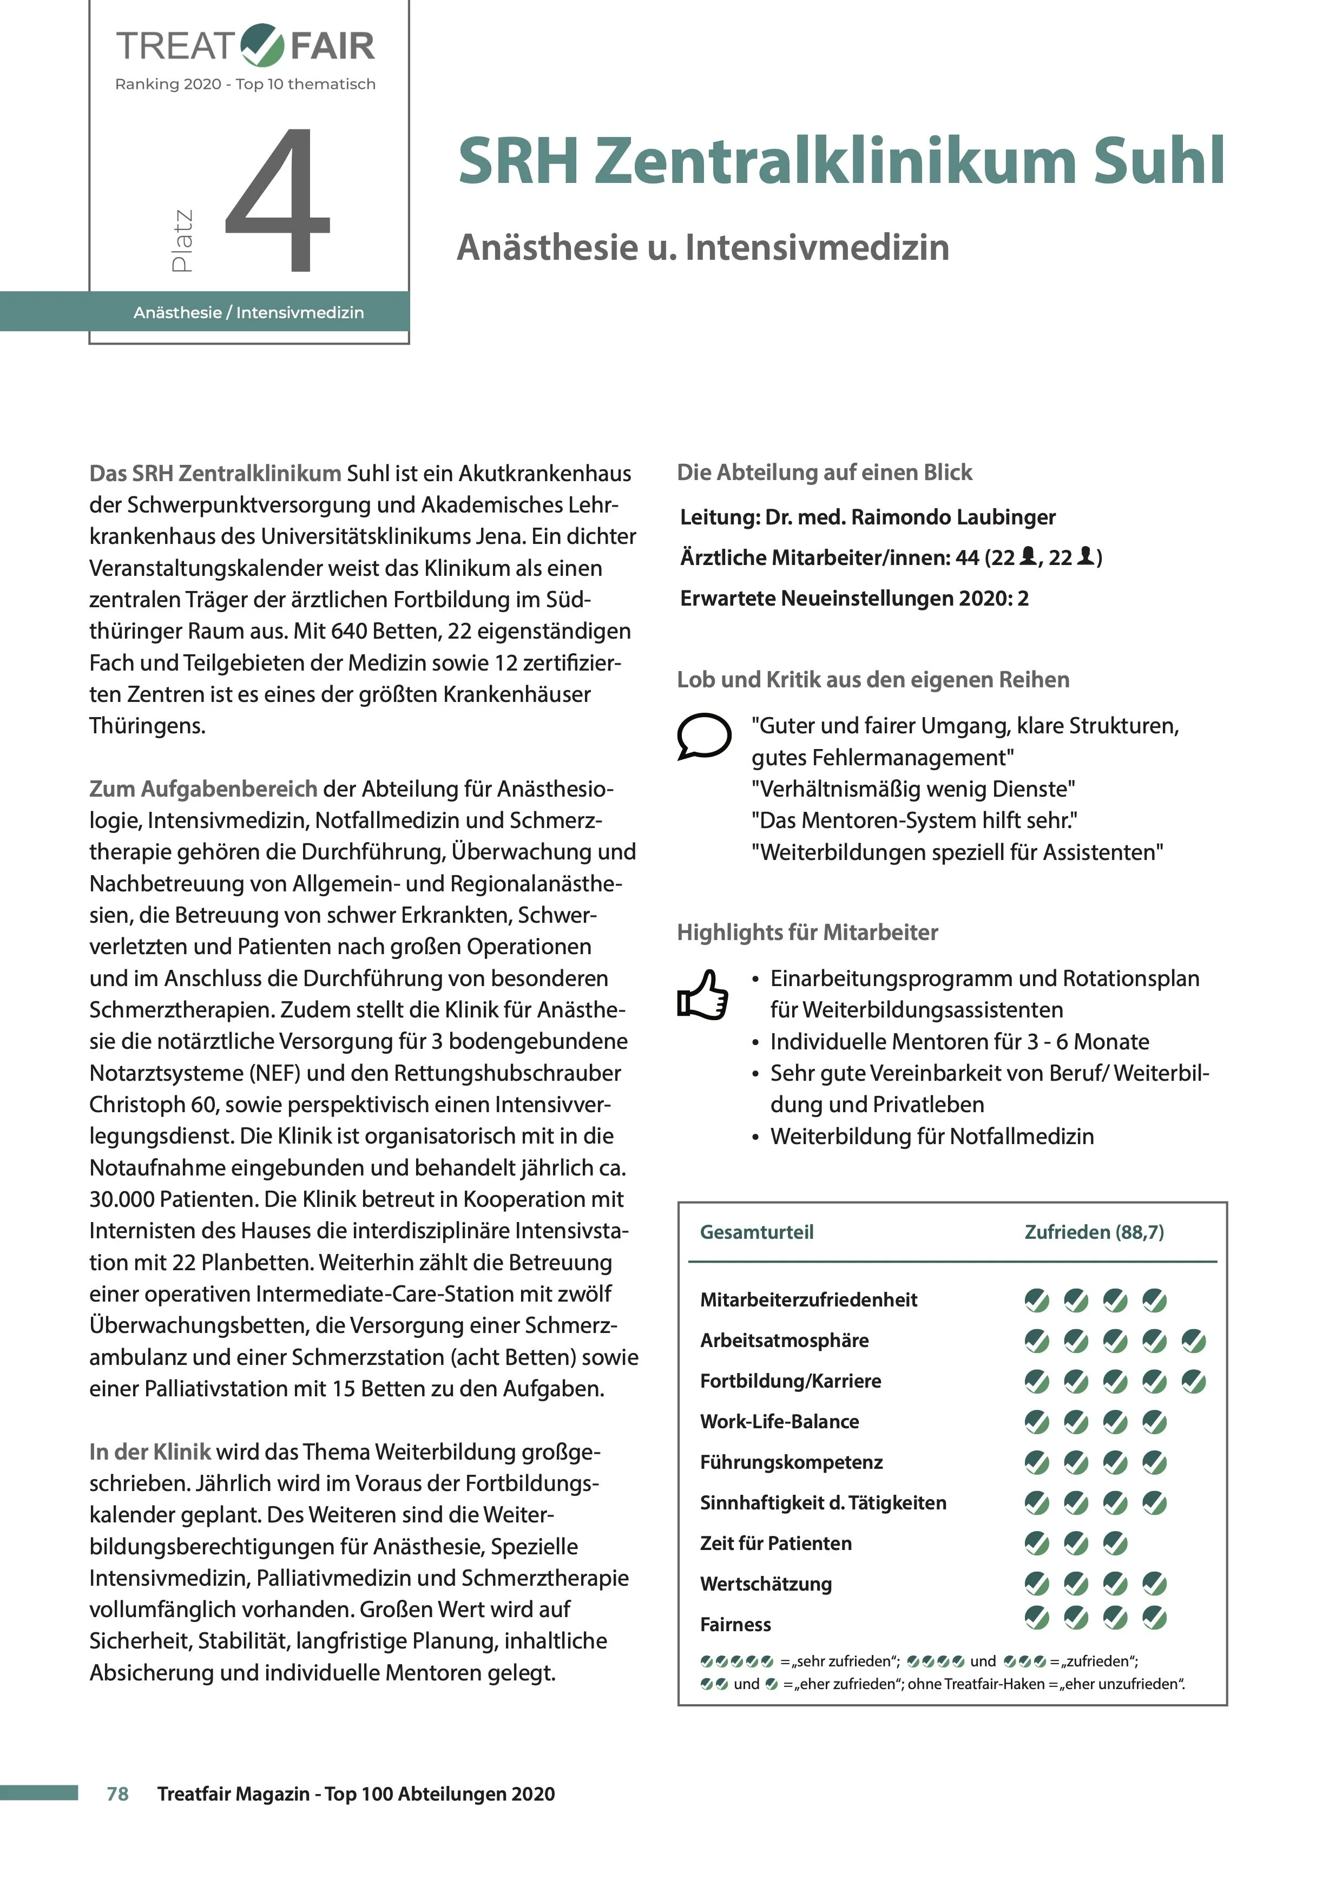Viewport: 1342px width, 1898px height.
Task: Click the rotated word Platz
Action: point(182,240)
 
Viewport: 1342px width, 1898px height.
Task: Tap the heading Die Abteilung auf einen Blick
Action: point(824,473)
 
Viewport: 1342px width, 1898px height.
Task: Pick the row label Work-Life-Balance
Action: point(779,1422)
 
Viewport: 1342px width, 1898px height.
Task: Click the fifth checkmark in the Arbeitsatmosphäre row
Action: point(1193,1341)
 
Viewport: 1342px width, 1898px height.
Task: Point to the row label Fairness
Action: point(735,1624)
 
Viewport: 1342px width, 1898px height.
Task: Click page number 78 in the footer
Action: point(117,1794)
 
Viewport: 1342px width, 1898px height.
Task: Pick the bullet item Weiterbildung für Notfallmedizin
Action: point(931,1137)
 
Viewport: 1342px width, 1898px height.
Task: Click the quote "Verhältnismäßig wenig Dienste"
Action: point(913,790)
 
